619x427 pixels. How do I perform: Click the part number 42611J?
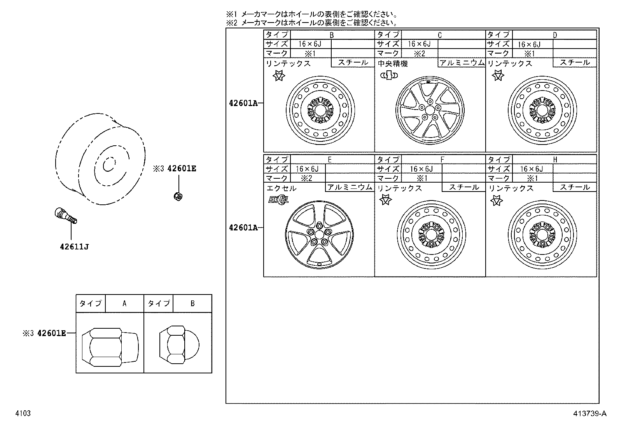coord(74,246)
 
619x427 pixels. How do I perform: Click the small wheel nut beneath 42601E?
coord(178,196)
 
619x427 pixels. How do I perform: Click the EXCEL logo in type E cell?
coord(278,200)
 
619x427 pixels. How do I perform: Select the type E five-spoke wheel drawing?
coord(319,234)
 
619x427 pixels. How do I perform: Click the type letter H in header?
coord(555,159)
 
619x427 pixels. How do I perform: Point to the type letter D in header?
coord(555,35)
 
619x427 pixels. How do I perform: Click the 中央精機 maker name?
coord(393,63)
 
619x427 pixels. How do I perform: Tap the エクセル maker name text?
coord(281,188)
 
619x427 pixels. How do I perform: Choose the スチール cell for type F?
coord(463,187)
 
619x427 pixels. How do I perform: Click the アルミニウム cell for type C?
coord(462,63)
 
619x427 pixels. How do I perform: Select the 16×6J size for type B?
coord(310,44)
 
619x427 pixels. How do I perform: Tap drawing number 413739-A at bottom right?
coord(588,413)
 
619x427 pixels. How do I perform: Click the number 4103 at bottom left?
coord(23,413)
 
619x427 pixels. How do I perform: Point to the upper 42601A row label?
coord(243,103)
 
